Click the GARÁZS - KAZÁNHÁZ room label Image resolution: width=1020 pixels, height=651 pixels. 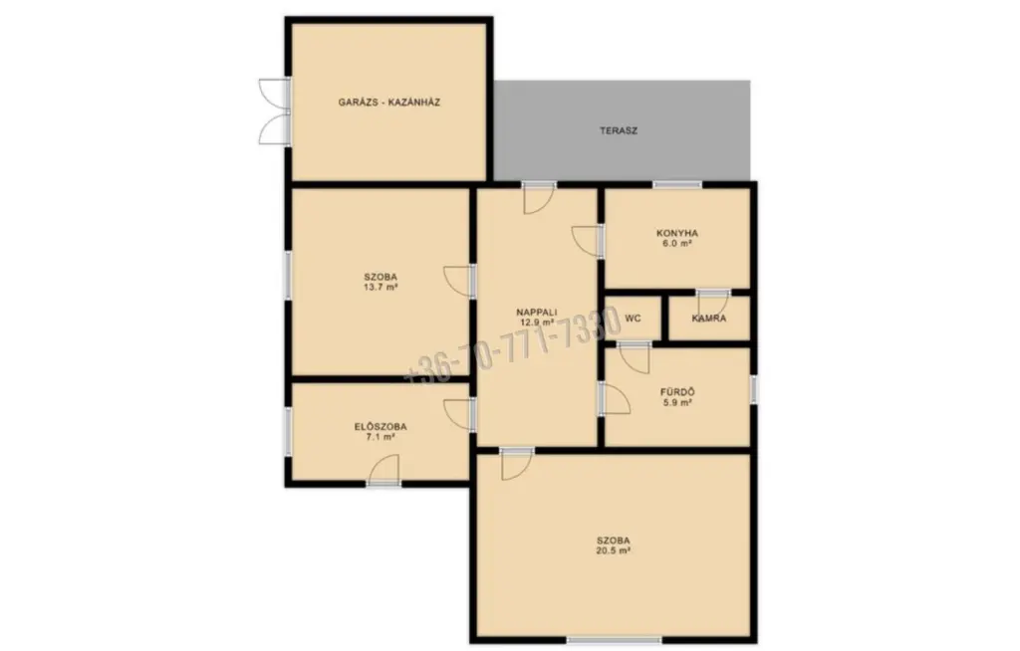coord(389,103)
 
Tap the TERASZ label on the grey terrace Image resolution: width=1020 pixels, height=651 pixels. coord(618,130)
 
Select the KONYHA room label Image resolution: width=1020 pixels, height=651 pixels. coord(677,233)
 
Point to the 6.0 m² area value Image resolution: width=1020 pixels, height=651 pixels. coord(677,243)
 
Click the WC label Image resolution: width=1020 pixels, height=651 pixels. coord(633,318)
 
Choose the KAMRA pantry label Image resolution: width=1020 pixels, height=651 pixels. coord(709,319)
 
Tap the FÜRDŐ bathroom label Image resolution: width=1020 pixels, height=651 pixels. coord(677,392)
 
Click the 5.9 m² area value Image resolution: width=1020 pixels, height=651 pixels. coord(677,402)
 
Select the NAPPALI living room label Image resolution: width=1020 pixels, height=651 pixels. coord(537,312)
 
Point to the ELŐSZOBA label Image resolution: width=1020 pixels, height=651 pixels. coord(381,427)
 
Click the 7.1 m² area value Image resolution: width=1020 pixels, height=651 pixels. coord(381,437)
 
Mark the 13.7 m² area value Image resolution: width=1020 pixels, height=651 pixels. coord(381,287)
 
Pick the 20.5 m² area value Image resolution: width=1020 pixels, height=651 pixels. coord(614,550)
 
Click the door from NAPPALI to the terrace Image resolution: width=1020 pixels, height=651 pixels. coord(539,198)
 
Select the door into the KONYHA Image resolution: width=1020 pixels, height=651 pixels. coord(588,241)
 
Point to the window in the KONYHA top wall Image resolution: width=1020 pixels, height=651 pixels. coord(677,185)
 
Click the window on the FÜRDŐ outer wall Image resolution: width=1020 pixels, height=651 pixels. coord(754,389)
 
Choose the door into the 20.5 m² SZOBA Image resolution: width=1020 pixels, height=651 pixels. coord(517,464)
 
